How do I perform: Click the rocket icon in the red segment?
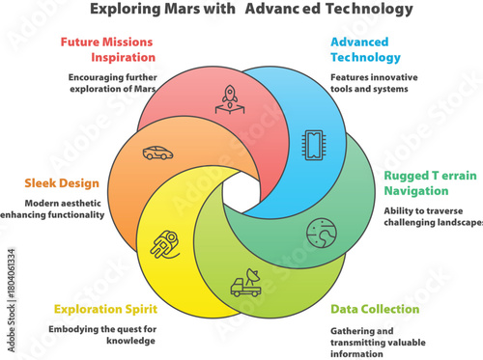point(231,97)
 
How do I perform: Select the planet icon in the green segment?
point(320,233)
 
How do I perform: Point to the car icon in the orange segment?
point(155,152)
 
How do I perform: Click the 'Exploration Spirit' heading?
point(105,309)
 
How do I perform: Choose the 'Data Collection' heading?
point(375,309)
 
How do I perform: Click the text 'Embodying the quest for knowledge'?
point(102,335)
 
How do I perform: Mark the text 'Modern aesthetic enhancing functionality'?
point(53,209)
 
